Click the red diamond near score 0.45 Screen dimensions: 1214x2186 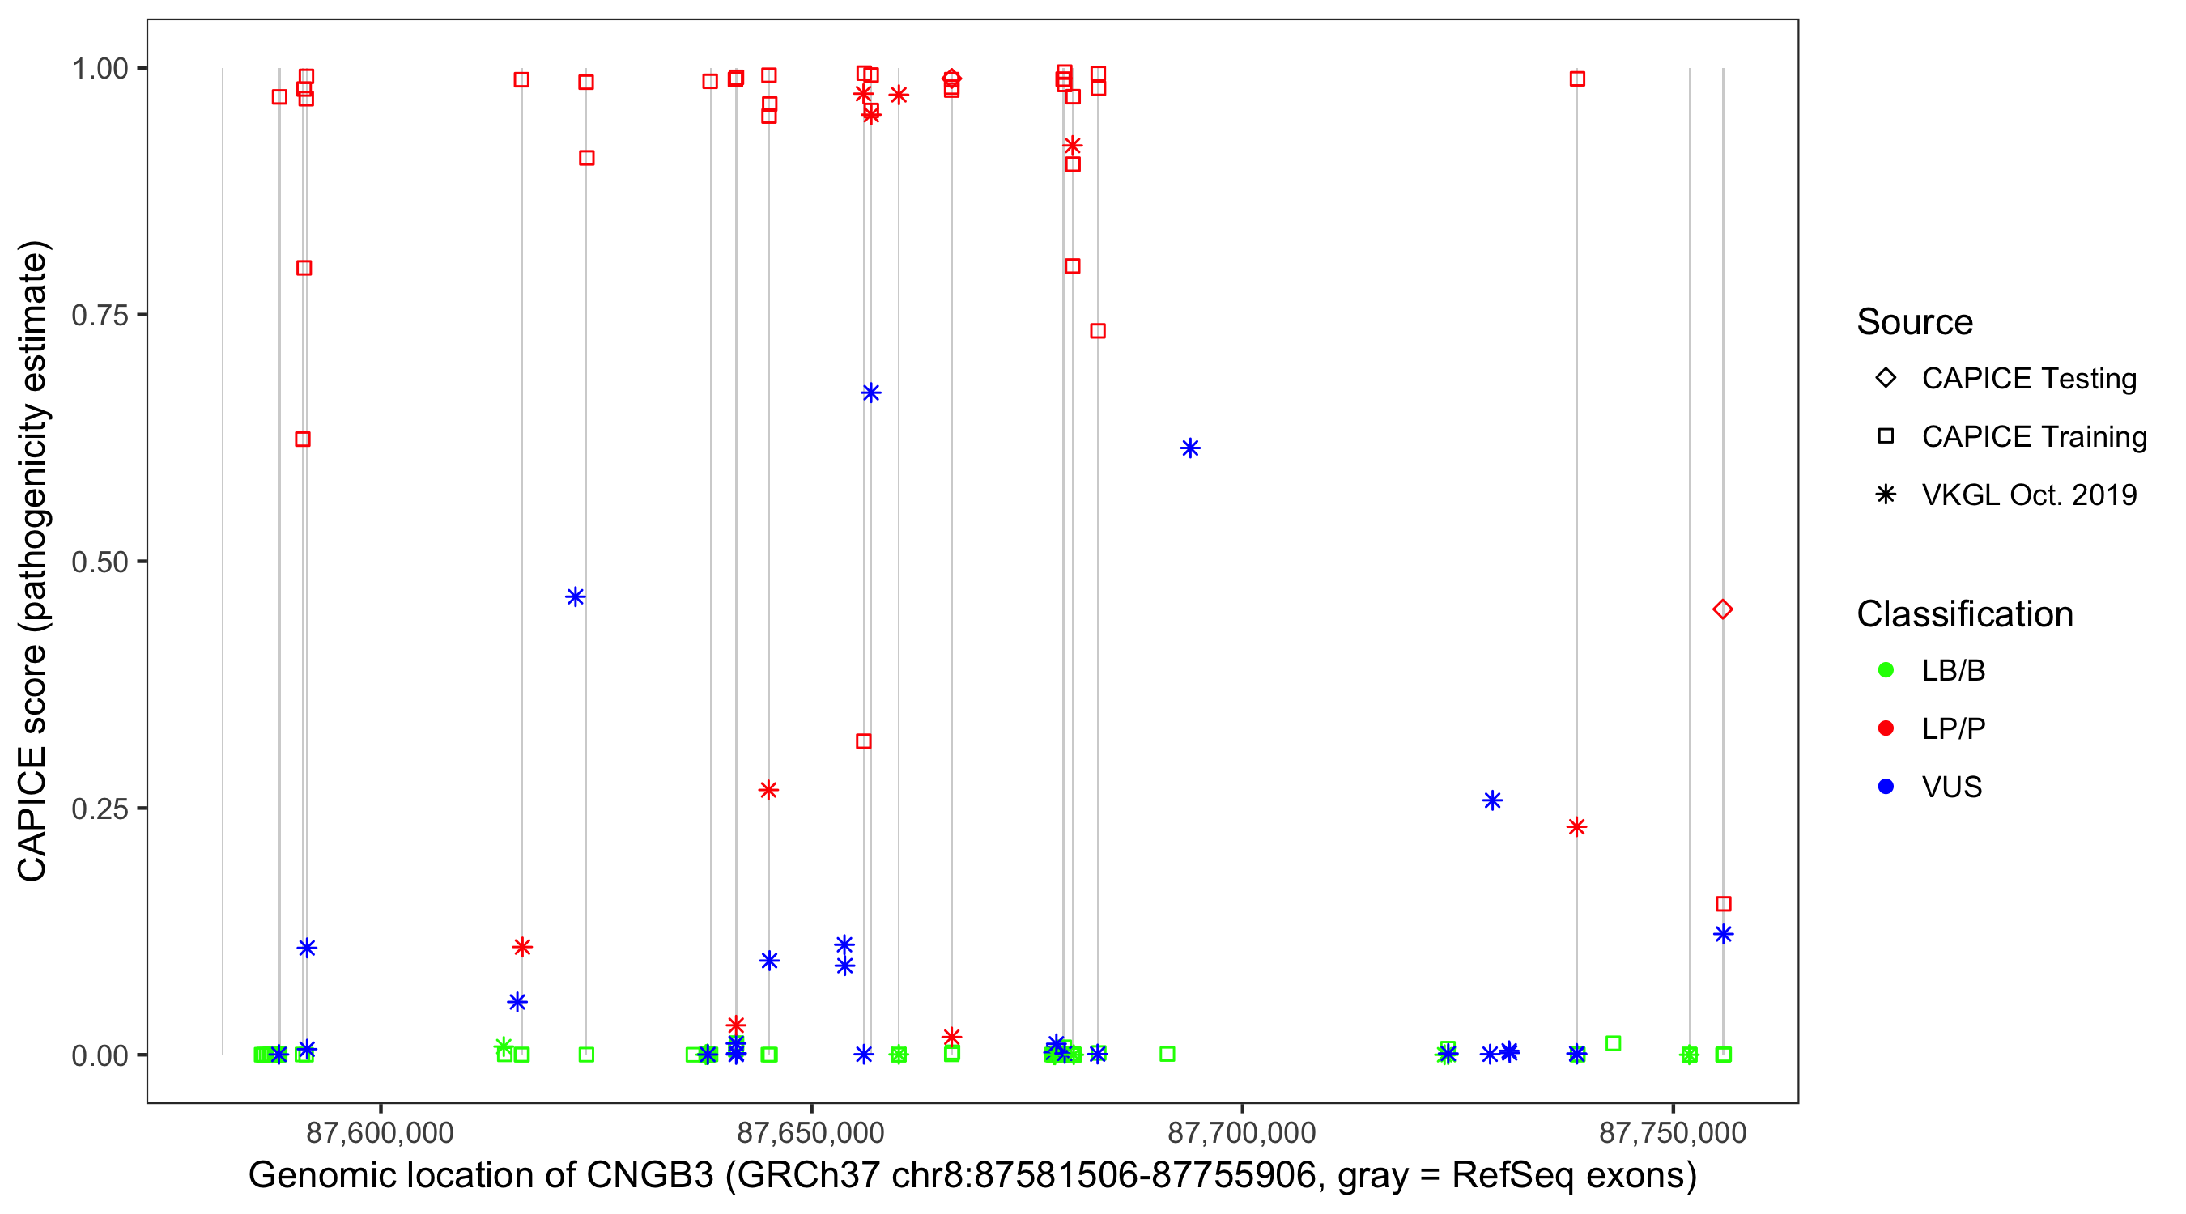[x=1722, y=609]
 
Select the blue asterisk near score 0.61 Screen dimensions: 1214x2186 [x=1189, y=448]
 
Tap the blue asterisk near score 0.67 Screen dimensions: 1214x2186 [x=870, y=393]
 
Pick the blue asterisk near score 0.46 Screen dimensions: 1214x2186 [x=576, y=597]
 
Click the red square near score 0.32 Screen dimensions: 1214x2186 [x=863, y=741]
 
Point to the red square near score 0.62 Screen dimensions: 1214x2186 [x=302, y=439]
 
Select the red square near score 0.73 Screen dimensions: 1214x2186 [x=1097, y=331]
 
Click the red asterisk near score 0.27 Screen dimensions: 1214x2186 [x=768, y=790]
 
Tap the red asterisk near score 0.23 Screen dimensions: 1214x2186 [x=1576, y=826]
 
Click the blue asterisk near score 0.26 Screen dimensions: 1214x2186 [x=1492, y=800]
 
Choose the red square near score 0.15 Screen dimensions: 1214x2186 [x=1723, y=903]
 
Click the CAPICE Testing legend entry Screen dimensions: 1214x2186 [x=2028, y=379]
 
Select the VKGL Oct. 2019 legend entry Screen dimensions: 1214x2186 [x=2028, y=495]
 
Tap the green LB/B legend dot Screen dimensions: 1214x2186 [x=1886, y=670]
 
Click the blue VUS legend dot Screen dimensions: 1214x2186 [x=1886, y=787]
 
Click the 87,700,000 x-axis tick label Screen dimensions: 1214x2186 [x=1241, y=1132]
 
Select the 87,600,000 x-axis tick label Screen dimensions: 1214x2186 [x=380, y=1132]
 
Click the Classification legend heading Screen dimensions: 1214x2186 [x=1963, y=614]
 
